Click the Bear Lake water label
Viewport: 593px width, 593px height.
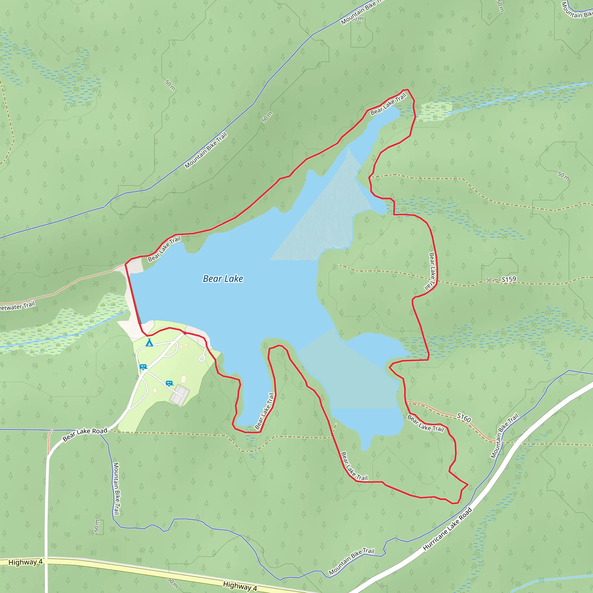(x=223, y=279)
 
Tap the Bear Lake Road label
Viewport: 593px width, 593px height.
(x=85, y=434)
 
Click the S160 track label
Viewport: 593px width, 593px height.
(x=464, y=417)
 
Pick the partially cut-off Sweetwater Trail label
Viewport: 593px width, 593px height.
(x=17, y=306)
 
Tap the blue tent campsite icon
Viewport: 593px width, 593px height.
(x=149, y=342)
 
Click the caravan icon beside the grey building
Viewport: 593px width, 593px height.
(x=169, y=383)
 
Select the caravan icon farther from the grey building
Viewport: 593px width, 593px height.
(x=143, y=367)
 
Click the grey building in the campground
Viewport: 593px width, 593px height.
(x=180, y=395)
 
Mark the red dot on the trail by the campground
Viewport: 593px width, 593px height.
(x=185, y=333)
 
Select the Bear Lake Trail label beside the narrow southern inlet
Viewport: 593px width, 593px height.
(x=265, y=411)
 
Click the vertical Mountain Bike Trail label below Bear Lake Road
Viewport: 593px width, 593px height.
(x=116, y=488)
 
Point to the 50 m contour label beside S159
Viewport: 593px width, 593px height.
(x=492, y=280)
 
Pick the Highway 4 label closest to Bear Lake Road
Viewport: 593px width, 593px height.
(x=25, y=562)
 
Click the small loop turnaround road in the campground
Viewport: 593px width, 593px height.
(x=202, y=358)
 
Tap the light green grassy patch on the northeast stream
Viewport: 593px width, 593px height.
(x=436, y=111)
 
